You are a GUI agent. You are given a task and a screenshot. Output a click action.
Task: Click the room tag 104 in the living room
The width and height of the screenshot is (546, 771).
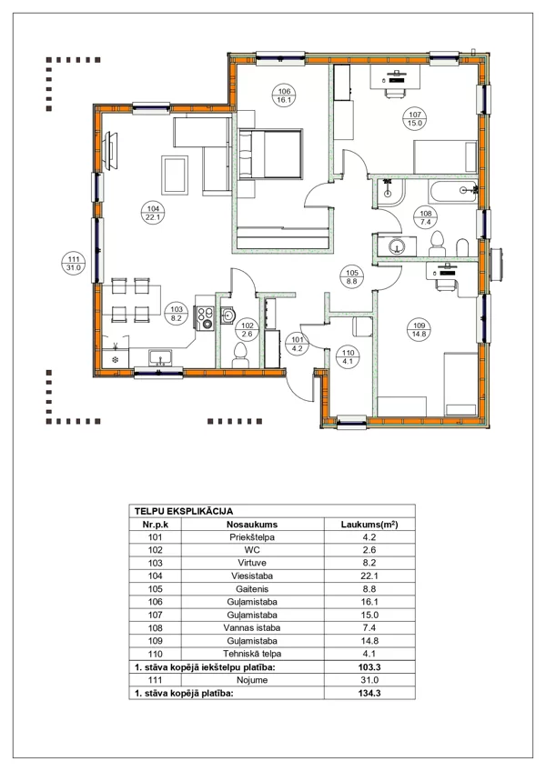point(153,213)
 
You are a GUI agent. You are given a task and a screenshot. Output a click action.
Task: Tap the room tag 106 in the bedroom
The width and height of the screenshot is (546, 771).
point(284,95)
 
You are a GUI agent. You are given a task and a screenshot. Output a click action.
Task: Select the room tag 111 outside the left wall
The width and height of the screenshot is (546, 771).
point(74,264)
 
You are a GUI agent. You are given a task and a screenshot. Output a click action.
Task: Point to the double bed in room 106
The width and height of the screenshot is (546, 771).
point(269,154)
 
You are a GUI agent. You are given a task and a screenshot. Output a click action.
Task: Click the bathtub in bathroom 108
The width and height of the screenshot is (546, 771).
point(453,191)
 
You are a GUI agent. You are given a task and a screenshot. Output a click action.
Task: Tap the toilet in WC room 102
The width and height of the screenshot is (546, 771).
point(240,355)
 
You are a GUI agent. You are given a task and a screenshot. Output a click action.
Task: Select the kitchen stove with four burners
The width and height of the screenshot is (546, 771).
point(206,317)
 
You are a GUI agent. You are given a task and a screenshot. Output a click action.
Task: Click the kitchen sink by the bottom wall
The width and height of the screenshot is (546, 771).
point(159,357)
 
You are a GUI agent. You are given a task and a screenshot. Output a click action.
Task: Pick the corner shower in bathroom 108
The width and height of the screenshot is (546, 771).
point(390,192)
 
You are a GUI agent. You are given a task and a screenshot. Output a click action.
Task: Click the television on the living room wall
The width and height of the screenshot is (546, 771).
point(111,151)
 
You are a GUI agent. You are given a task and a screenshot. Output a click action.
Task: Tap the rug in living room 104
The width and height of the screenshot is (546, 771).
point(175,175)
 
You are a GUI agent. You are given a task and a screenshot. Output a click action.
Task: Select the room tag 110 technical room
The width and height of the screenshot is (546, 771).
point(349,356)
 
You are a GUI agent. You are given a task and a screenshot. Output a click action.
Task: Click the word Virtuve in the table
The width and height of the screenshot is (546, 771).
point(251,563)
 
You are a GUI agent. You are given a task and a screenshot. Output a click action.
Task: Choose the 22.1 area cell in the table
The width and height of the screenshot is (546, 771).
point(369,576)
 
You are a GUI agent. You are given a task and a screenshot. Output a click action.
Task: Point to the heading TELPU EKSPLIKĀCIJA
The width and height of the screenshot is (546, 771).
point(184,511)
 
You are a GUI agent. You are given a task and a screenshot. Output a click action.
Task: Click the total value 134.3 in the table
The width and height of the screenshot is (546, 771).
point(369,694)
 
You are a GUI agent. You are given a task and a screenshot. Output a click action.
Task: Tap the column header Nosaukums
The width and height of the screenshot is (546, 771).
point(251,525)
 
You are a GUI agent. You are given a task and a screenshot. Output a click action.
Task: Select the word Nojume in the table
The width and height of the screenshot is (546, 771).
point(252,680)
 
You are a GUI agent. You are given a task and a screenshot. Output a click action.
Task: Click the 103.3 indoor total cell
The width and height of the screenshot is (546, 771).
point(369,667)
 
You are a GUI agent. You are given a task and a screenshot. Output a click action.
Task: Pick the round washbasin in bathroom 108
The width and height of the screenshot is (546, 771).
point(397,246)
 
